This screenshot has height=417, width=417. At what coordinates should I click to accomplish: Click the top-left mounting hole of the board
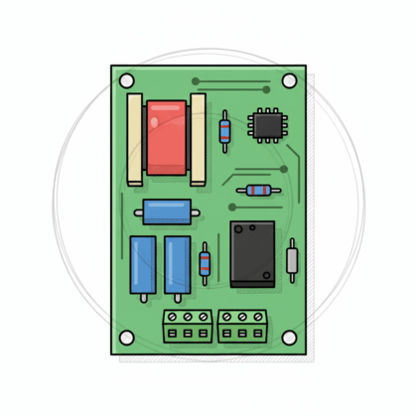coord(127,80)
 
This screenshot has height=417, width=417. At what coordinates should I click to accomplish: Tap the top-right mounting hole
coord(289,80)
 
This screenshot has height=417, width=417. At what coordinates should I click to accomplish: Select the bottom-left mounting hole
coord(127,338)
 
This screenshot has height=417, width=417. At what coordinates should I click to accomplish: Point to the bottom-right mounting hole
coord(289,338)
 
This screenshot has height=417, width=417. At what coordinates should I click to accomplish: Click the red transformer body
coord(166,138)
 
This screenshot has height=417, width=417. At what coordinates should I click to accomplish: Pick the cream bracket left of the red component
coord(135,138)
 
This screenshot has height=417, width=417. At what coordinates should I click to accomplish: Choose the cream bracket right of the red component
coord(198,138)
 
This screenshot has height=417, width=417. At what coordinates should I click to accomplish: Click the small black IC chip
coord(267,124)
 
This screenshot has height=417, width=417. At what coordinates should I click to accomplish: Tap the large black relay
coord(253,254)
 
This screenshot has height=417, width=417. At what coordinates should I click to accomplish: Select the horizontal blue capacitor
coord(166,211)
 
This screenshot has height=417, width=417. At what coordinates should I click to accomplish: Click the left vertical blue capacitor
coord(142,264)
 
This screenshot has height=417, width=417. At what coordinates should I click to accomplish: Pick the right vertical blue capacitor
coord(177,264)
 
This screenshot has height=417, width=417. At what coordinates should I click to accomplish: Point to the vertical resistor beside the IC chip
coord(225,129)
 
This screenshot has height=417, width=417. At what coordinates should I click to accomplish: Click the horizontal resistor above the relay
coord(259,190)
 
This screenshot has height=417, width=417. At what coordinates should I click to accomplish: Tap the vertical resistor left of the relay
coord(205,263)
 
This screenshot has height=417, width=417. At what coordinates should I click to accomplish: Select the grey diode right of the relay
coord(292,260)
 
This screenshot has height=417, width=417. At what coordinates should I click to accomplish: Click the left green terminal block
coord(188,325)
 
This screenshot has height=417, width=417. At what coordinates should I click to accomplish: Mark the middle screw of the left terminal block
coord(188,318)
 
